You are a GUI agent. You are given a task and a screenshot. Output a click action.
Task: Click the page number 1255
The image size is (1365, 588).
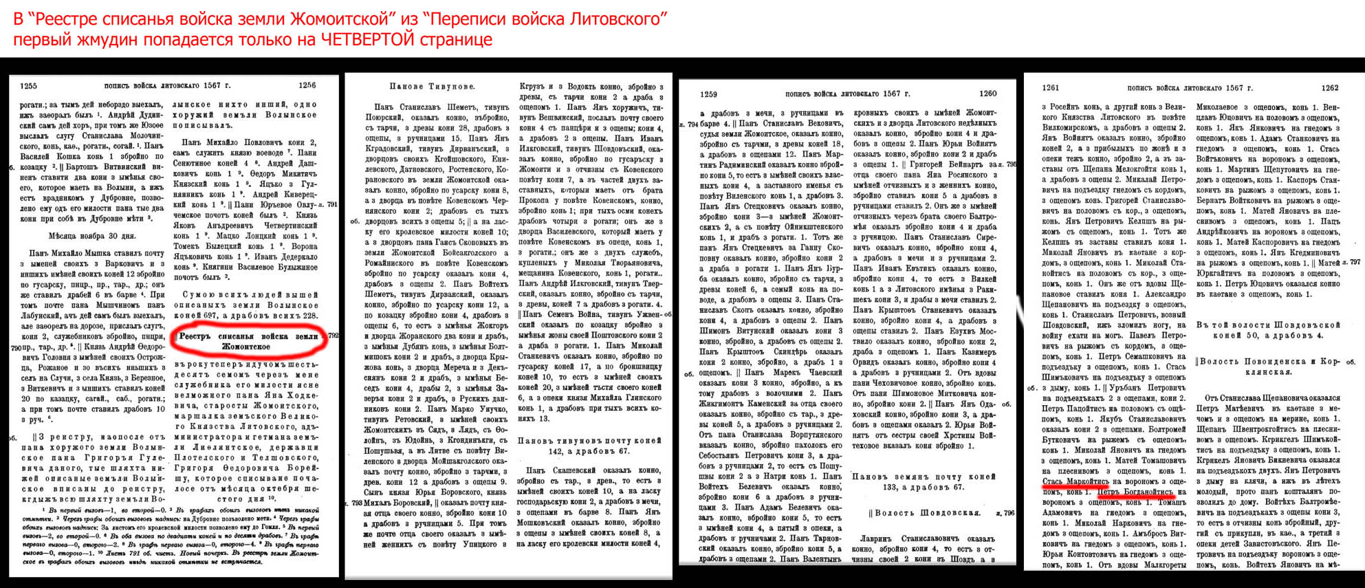(29, 86)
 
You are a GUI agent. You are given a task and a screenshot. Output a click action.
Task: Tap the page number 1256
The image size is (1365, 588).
(307, 85)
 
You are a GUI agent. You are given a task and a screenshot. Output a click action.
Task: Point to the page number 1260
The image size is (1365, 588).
(987, 94)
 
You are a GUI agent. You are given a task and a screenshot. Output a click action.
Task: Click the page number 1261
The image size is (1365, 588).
(1051, 88)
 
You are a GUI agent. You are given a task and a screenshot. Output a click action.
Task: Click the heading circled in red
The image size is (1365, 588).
(248, 341)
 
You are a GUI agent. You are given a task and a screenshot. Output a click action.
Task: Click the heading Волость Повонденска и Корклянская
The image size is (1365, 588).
(1267, 367)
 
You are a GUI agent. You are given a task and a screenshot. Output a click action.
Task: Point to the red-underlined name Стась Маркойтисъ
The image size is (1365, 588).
(1075, 482)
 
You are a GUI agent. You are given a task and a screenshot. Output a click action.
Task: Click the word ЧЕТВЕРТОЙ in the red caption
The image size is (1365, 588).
(367, 39)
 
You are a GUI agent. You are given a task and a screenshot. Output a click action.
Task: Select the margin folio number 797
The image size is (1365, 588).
(1355, 262)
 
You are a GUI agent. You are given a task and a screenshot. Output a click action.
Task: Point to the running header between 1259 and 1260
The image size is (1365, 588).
(847, 94)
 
